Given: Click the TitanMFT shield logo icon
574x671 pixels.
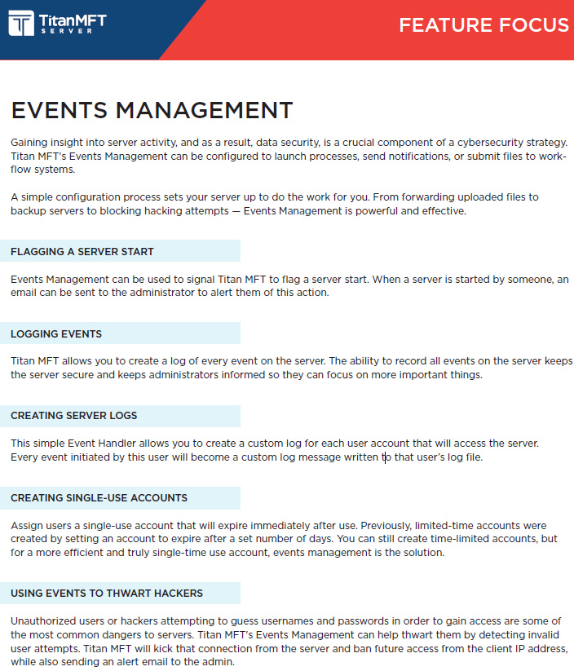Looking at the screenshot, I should click(21, 23).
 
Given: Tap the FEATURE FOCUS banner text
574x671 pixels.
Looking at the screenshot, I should click(483, 25).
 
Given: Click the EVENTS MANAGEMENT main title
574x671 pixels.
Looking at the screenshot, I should click(152, 111).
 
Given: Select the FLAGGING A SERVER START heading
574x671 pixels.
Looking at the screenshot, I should click(82, 252).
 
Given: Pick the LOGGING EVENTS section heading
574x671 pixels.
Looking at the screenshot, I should click(56, 333).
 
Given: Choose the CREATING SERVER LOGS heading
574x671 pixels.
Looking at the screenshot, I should click(74, 416).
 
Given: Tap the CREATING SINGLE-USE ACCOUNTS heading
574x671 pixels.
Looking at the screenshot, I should click(99, 498).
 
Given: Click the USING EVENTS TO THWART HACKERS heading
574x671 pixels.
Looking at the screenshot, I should click(107, 593).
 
